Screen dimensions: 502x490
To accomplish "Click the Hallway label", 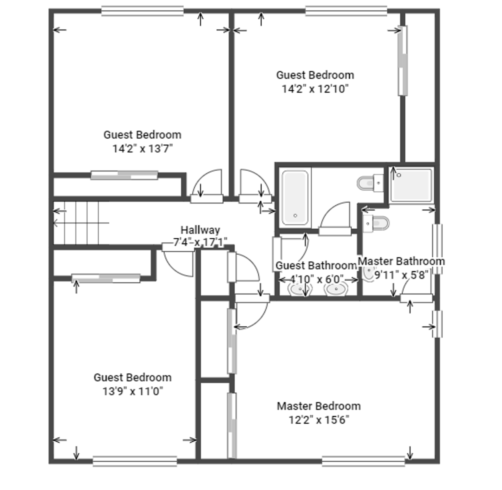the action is coord(200,230).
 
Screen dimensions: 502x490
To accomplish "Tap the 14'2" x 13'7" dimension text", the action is coord(143,149).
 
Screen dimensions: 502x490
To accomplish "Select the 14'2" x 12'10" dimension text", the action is coord(315,89).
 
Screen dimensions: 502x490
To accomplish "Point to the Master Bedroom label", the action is coord(319,406).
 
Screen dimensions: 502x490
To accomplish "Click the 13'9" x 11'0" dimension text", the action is coord(133,391).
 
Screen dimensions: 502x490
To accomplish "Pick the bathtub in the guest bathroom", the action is coord(295,198).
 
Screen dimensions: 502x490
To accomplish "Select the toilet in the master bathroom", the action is coord(376,223).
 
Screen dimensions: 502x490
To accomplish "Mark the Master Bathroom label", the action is coord(401,261).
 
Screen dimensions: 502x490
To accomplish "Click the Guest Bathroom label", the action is coord(316,265).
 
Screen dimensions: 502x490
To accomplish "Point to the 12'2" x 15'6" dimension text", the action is coord(319,420).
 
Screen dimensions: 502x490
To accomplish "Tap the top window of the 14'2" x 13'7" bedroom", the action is coord(142,11).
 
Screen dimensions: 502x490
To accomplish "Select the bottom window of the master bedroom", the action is coord(363,461).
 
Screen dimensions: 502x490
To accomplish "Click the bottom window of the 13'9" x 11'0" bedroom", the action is coord(135,461).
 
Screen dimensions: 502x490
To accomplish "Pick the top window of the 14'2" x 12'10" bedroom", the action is coord(346,11).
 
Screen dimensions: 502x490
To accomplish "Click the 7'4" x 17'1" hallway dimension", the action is coord(200,242).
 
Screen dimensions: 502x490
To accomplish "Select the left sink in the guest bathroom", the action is coord(300,289).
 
